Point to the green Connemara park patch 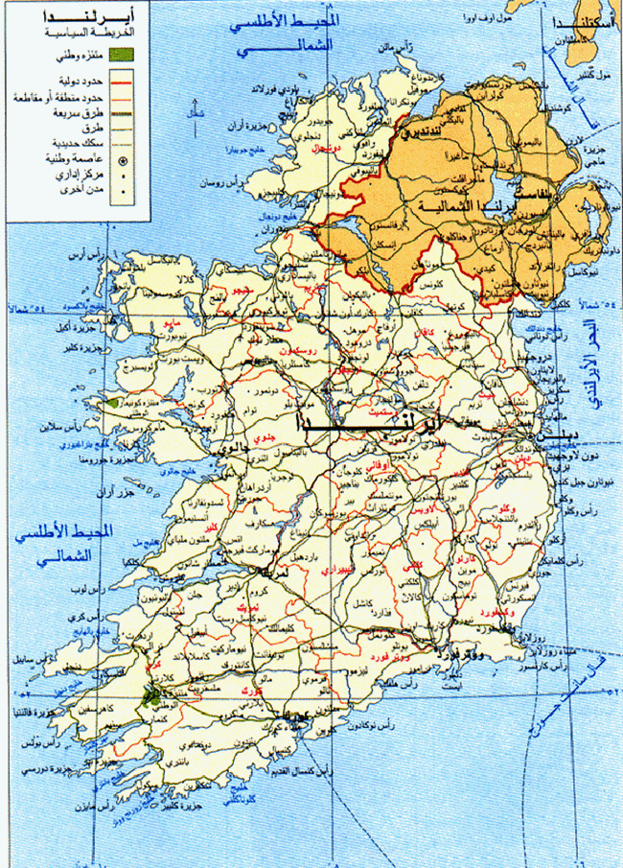coord(114,406)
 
